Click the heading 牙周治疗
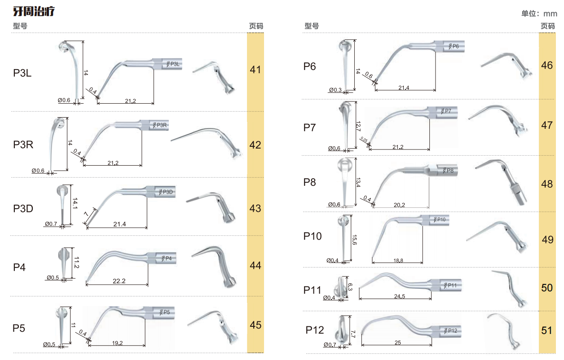pyautogui.click(x=34, y=11)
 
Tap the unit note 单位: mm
pyautogui.click(x=539, y=13)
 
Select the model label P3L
pyautogui.click(x=22, y=73)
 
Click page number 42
pyautogui.click(x=256, y=145)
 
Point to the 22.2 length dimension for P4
pyautogui.click(x=119, y=281)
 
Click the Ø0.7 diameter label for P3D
pyautogui.click(x=51, y=224)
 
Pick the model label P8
pyautogui.click(x=309, y=182)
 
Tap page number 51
pyautogui.click(x=546, y=330)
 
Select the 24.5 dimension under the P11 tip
pyautogui.click(x=400, y=296)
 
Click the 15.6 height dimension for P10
pyautogui.click(x=354, y=240)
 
